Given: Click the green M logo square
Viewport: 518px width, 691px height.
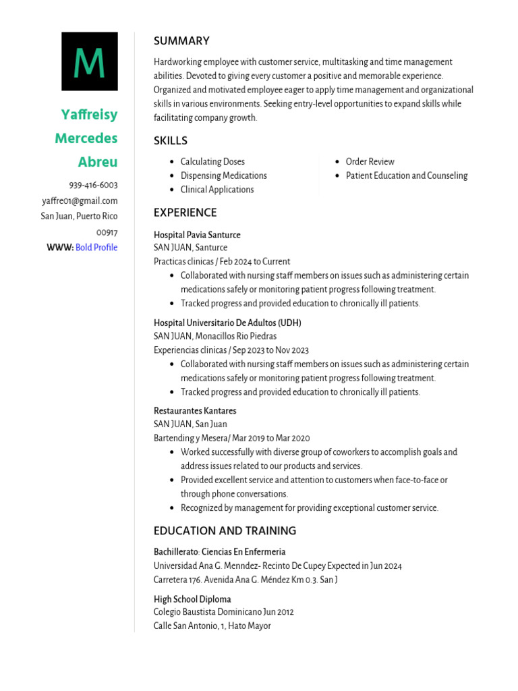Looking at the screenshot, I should coord(90,61).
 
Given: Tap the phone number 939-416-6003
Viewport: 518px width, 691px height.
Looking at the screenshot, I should coord(93,185).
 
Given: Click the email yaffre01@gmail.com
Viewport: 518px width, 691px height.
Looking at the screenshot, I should coord(80,200).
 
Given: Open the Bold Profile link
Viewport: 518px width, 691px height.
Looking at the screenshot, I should coord(96,248).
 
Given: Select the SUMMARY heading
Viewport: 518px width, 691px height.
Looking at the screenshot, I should coord(181,41).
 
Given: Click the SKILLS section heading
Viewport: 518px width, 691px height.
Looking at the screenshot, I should coord(171,141).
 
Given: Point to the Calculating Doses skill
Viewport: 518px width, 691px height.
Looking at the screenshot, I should coord(212,162).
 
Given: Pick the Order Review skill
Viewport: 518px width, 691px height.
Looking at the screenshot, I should coord(370,162).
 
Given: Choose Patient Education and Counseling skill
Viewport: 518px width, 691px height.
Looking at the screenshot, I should coord(406,176).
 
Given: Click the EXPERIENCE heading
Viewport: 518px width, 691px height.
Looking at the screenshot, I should coord(185,213).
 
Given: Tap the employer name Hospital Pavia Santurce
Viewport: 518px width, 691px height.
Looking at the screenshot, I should coord(197,235).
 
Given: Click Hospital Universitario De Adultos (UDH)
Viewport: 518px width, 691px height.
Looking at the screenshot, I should coord(227,323).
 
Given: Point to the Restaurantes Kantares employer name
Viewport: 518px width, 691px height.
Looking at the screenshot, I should coord(195,411).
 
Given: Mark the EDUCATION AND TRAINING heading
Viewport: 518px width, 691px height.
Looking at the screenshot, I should coord(225,531).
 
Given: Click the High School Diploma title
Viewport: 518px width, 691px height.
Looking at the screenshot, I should coord(192,599).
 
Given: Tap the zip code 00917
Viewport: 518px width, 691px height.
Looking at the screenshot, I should coord(107,232).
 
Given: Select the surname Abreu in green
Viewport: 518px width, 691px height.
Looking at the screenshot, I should coord(98,162).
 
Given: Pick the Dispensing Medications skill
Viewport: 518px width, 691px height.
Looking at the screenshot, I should coord(223,176).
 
